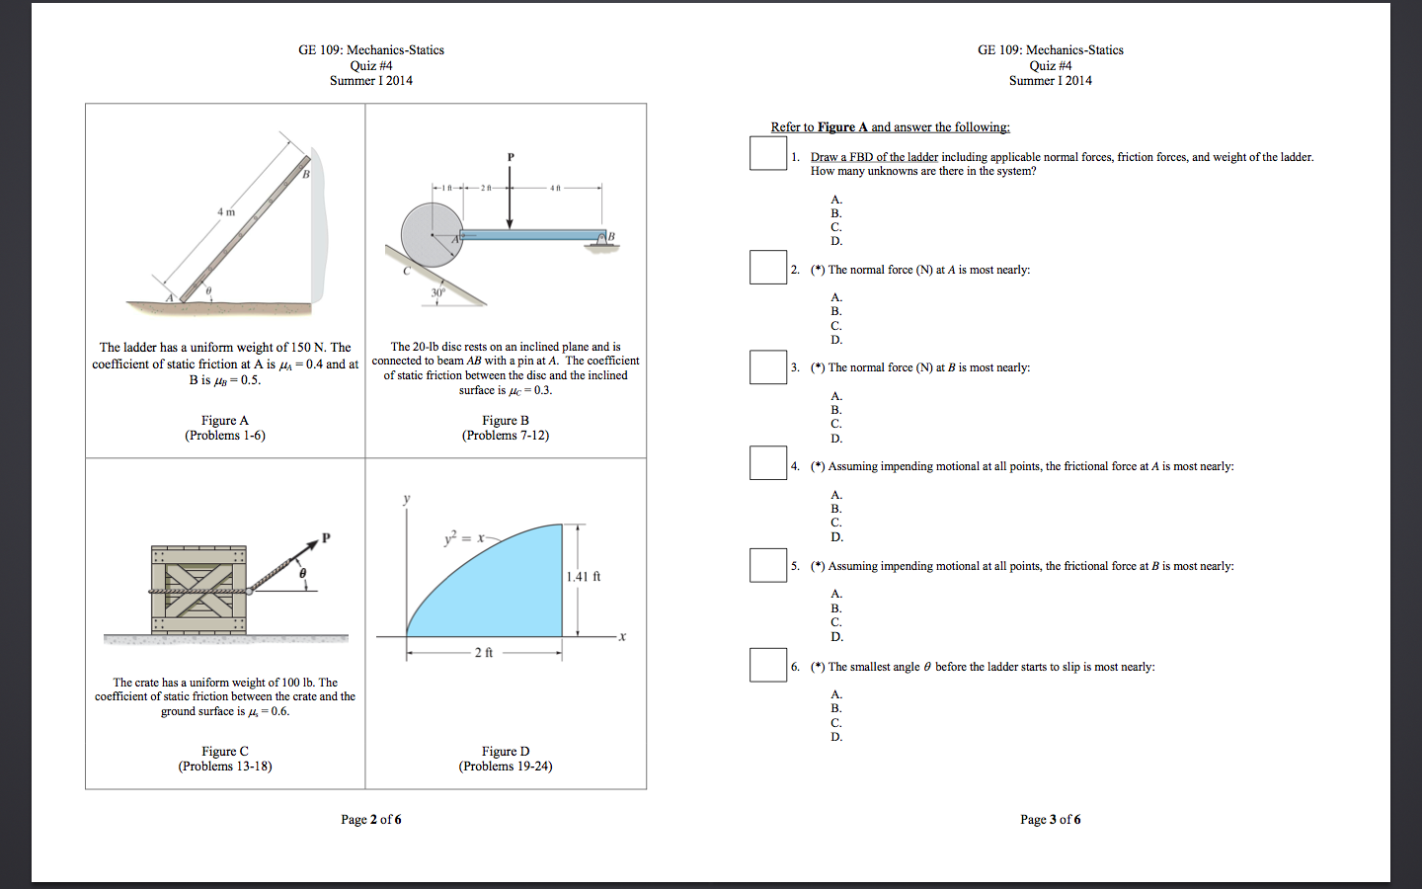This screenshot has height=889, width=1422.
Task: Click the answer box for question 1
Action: [x=767, y=153]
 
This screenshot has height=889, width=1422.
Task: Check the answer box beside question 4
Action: [x=767, y=463]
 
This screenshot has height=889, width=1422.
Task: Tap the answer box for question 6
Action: [x=767, y=665]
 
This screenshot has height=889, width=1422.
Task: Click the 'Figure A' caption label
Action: [x=225, y=421]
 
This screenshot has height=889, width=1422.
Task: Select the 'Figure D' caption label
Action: [x=505, y=752]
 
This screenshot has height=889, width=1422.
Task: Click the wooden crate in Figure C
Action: [x=198, y=590]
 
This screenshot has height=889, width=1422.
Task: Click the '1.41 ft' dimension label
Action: [x=584, y=577]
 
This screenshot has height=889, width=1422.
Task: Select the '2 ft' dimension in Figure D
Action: [x=484, y=653]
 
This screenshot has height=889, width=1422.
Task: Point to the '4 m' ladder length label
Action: [x=226, y=211]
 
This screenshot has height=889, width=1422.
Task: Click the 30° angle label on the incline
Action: [x=437, y=293]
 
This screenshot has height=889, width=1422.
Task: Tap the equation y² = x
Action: [x=464, y=538]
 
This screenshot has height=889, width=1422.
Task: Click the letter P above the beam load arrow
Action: [x=511, y=157]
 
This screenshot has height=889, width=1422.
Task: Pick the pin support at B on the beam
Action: [x=599, y=240]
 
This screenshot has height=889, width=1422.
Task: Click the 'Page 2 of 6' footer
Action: [x=370, y=820]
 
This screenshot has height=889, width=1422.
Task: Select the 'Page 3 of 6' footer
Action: [x=1050, y=820]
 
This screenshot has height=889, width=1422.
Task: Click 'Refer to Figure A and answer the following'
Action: [x=890, y=127]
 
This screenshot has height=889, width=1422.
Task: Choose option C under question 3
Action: [x=835, y=424]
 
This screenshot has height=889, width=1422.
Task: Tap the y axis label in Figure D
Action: [x=406, y=499]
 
